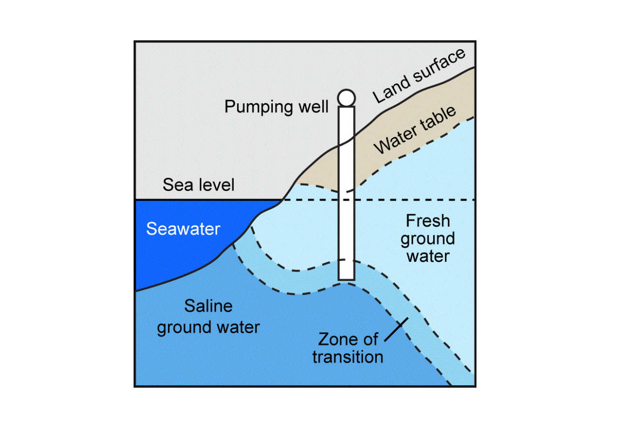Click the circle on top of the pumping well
click(x=346, y=98)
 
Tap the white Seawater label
click(x=183, y=229)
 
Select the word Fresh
click(x=428, y=221)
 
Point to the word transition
click(x=347, y=357)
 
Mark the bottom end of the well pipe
click(x=346, y=278)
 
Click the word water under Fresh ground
click(x=428, y=256)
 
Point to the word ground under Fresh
click(x=428, y=239)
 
